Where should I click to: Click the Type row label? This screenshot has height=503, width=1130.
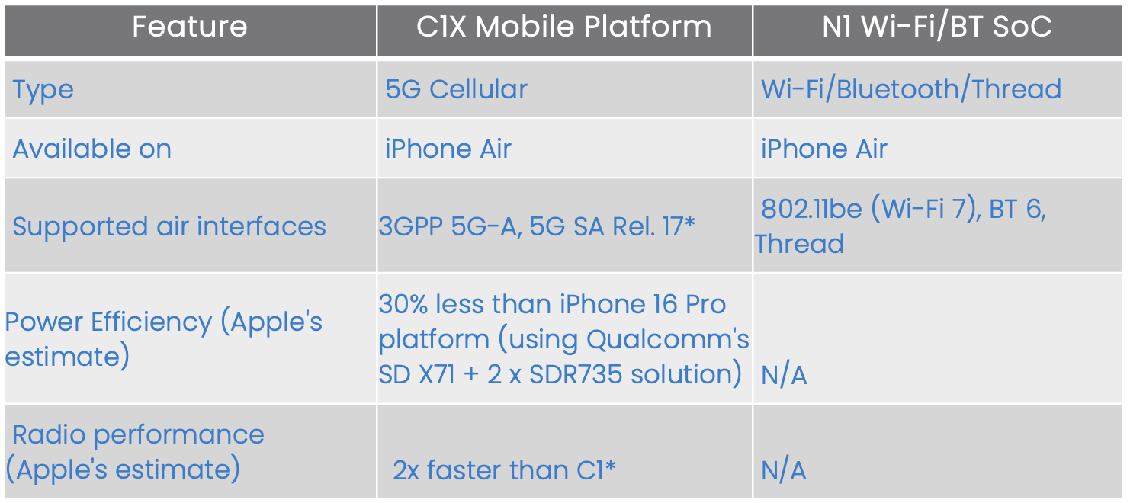43,90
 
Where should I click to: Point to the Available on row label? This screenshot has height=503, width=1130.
91,149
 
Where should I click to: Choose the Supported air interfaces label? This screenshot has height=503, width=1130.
169,226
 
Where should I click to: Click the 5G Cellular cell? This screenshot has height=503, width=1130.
456,89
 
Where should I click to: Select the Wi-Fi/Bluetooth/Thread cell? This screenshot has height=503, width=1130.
911,89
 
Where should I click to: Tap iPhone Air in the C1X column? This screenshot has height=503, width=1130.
448,149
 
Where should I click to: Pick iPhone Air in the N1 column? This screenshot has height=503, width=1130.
823,149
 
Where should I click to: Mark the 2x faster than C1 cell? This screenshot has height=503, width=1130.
504,469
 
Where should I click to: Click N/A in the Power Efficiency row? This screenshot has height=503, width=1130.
784,375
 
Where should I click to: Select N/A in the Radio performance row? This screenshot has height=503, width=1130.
784,470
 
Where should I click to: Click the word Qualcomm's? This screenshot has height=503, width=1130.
668,339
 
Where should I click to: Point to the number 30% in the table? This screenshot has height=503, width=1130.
403,304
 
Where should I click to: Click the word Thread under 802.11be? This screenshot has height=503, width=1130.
799,244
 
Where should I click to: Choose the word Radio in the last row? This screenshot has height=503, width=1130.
49,434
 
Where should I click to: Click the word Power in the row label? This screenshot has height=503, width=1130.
44,322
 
